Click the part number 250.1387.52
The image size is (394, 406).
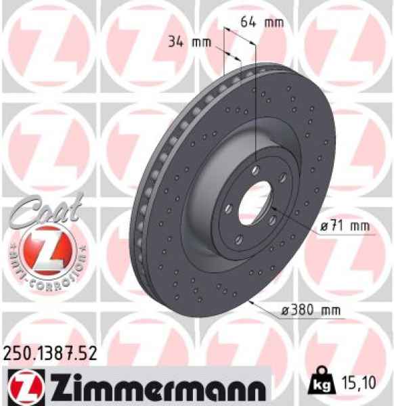[x=51, y=352]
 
